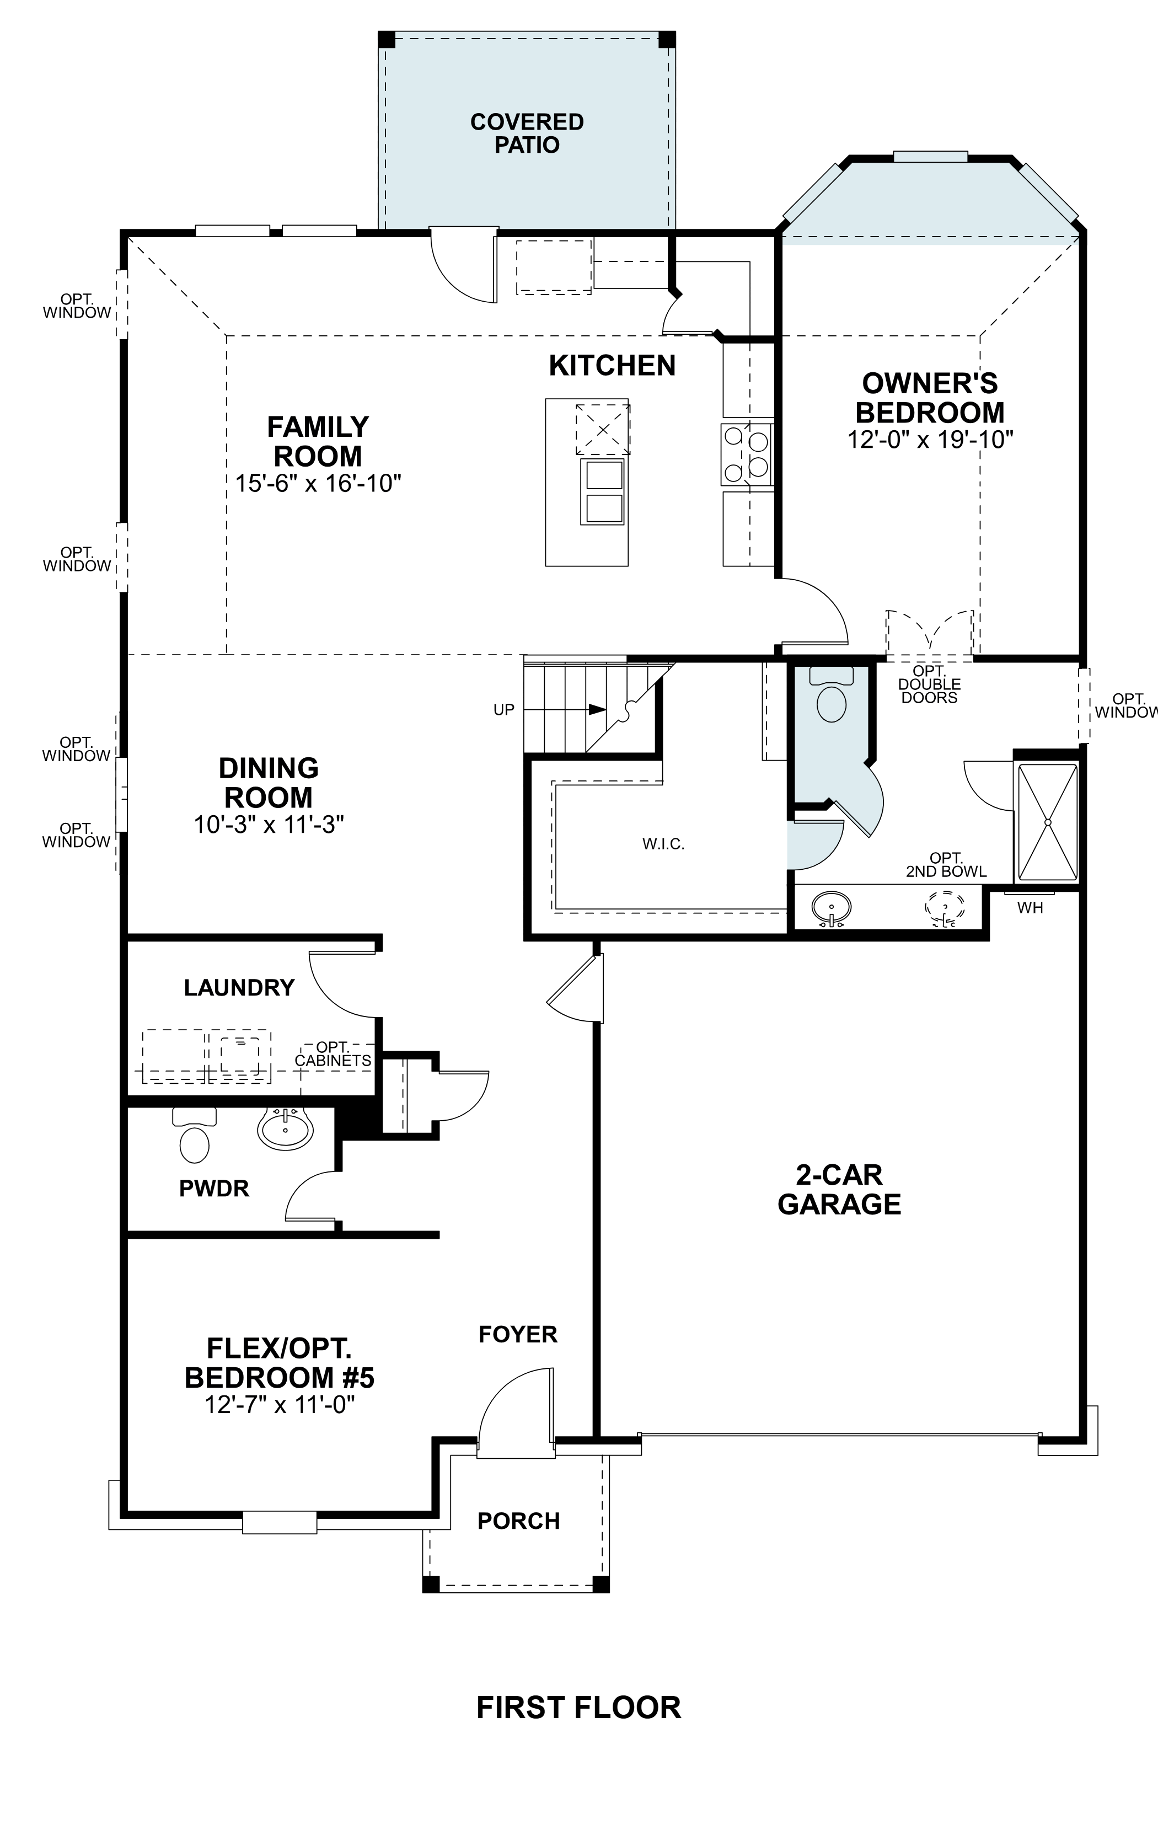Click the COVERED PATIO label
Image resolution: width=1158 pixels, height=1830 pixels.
click(x=527, y=133)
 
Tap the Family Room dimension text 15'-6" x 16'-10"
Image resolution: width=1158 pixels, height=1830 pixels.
click(x=318, y=483)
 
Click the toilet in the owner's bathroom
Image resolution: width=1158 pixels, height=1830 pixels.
click(x=831, y=697)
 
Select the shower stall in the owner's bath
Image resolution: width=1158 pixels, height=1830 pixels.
click(x=1047, y=822)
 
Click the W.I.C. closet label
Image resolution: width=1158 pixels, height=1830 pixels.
click(x=663, y=843)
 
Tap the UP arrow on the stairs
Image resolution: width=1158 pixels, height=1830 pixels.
click(x=597, y=709)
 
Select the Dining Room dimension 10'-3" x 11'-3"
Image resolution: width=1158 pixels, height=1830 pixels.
click(x=269, y=825)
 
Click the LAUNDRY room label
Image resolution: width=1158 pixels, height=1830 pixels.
click(x=239, y=988)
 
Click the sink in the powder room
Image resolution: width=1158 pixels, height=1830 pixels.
click(x=285, y=1128)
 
